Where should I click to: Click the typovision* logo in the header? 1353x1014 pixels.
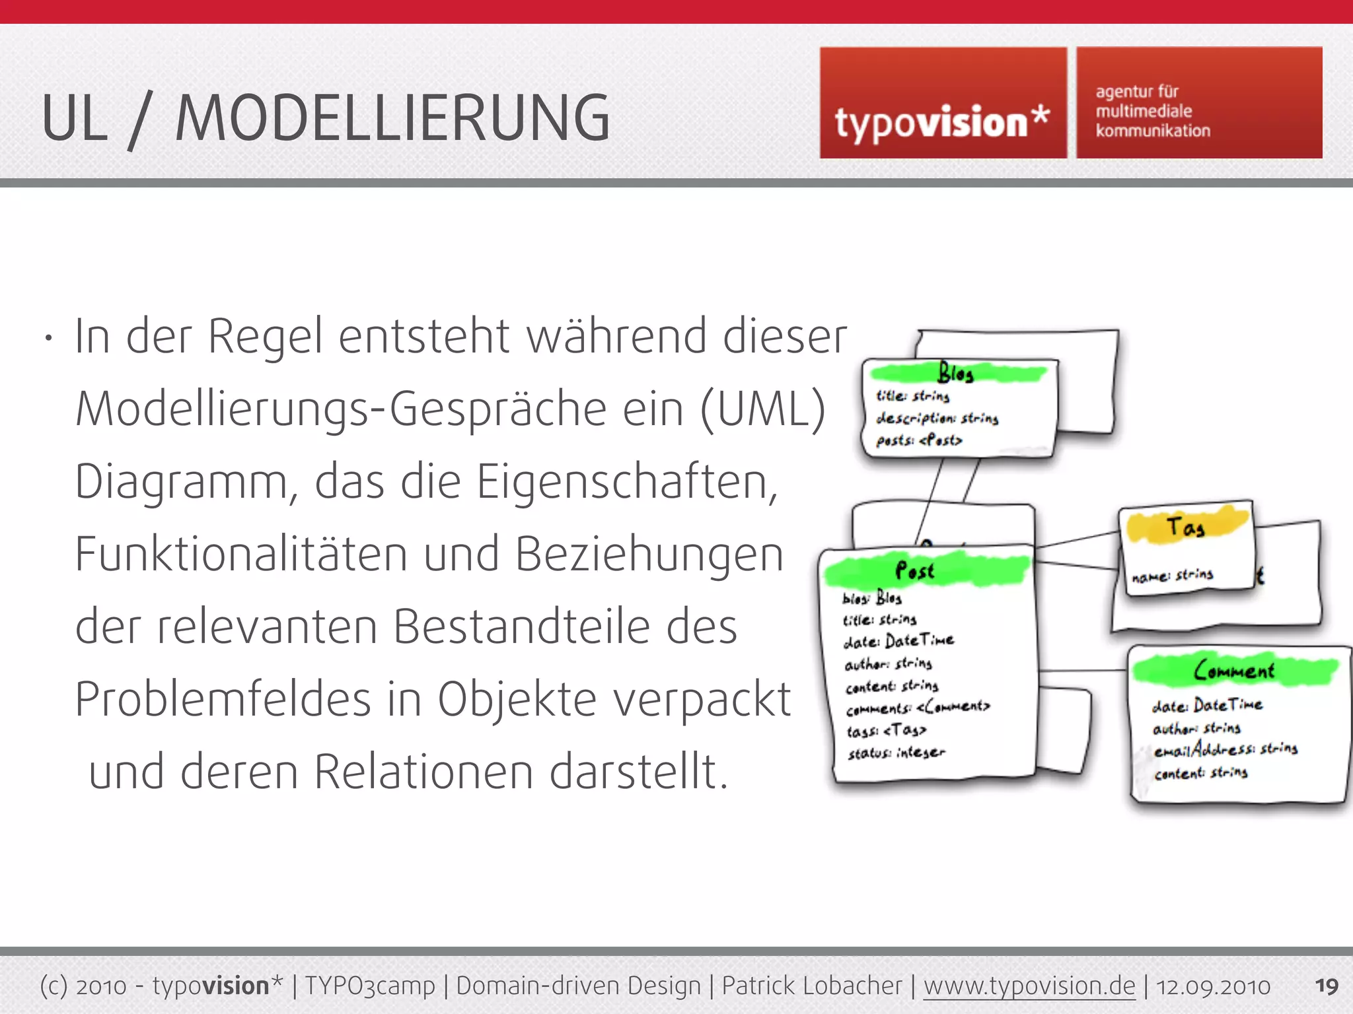click(943, 123)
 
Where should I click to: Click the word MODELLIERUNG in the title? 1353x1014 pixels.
click(392, 119)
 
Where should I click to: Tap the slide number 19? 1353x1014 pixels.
click(1326, 986)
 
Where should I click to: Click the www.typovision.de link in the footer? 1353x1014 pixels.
click(1029, 986)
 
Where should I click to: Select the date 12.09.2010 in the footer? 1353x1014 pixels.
click(1213, 986)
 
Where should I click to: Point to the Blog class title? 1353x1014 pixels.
click(955, 374)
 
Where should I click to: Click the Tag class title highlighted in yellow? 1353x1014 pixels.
click(1185, 527)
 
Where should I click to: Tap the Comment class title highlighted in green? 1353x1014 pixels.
click(1233, 671)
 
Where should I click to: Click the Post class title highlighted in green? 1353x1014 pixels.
click(915, 570)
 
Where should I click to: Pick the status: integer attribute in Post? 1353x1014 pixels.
click(896, 753)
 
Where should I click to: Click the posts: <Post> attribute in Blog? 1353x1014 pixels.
click(919, 440)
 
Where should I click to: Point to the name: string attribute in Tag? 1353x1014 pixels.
click(1173, 575)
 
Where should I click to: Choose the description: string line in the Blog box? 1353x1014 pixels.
click(937, 419)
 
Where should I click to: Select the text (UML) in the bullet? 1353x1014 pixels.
click(763, 409)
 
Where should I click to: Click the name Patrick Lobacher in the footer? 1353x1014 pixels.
click(811, 986)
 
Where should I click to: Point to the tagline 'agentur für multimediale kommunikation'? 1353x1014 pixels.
click(1153, 111)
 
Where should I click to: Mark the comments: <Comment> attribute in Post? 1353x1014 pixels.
click(918, 708)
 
